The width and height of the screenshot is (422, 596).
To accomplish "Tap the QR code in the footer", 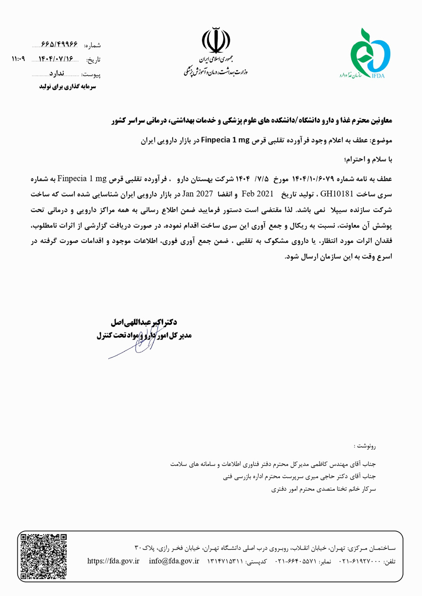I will [44, 556].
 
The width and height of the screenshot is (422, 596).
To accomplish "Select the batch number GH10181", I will [336, 194].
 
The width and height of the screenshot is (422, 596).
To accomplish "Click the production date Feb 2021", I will [257, 194].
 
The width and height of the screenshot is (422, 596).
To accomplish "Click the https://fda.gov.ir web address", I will [113, 561].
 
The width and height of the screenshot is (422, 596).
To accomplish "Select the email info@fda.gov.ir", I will [174, 561].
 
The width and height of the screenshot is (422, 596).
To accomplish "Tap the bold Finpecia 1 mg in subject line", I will [225, 140].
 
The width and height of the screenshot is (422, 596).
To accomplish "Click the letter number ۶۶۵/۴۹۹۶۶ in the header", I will [60, 45].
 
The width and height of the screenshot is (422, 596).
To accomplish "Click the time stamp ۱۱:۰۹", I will [18, 59].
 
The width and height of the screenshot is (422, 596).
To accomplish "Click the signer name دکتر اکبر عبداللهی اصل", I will [144, 322].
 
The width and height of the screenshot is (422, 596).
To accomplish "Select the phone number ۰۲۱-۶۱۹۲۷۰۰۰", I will [360, 561].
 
